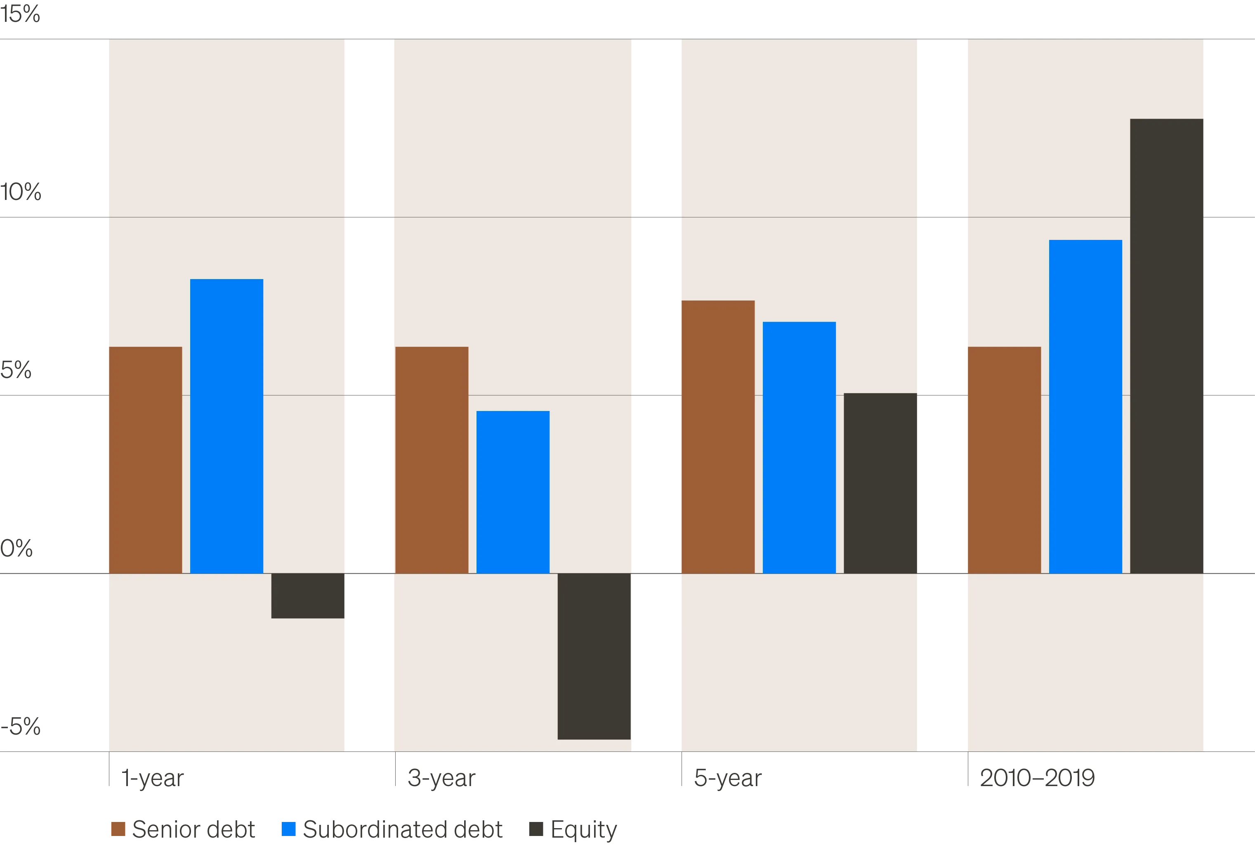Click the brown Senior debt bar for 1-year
pos(145,459)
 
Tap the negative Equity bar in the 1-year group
pos(308,595)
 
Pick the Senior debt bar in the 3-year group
pos(432,459)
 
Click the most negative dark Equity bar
pos(594,656)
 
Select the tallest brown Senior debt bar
pos(718,437)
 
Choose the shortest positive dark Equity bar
pos(880,483)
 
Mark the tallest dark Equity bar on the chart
pos(1167,346)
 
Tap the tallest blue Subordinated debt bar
pos(1085,406)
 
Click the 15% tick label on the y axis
pos(21,14)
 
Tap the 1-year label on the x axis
pos(152,779)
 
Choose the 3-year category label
pos(442,779)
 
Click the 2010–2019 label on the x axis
pos(1037,778)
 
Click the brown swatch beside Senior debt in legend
pos(117,829)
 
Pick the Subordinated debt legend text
pos(402,829)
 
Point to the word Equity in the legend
pos(583,829)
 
